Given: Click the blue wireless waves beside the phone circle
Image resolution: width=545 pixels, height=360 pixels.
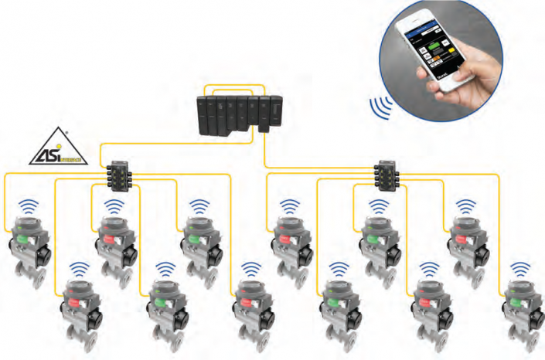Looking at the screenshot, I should click(x=380, y=108).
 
